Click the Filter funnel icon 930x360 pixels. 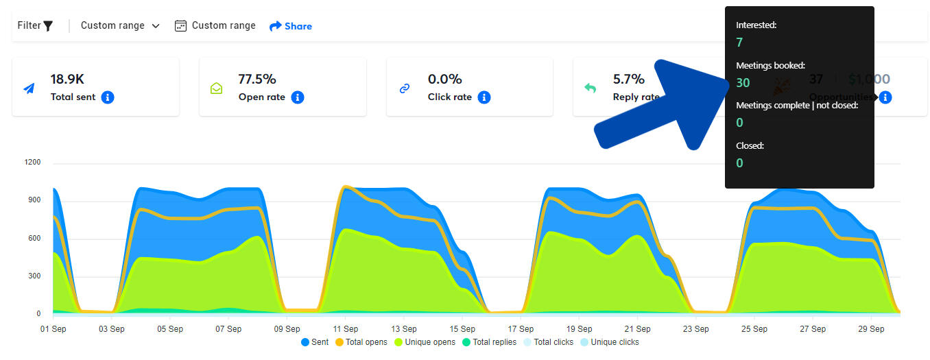click(x=48, y=26)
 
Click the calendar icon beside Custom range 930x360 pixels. click(x=181, y=26)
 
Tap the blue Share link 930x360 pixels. click(x=291, y=26)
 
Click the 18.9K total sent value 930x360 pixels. click(x=67, y=79)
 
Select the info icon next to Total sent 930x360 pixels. click(x=108, y=97)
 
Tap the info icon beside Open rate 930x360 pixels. click(x=298, y=97)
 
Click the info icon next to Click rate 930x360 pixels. click(x=484, y=97)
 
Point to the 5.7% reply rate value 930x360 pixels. click(x=629, y=79)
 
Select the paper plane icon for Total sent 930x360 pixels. click(x=29, y=88)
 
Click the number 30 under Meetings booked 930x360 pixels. click(x=743, y=83)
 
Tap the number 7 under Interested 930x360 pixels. click(x=739, y=43)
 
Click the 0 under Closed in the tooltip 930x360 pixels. click(x=739, y=163)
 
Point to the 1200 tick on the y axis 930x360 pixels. click(x=34, y=163)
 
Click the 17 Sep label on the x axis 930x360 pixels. click(x=521, y=329)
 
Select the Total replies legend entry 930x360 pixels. click(x=490, y=342)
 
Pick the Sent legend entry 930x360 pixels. click(x=315, y=342)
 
